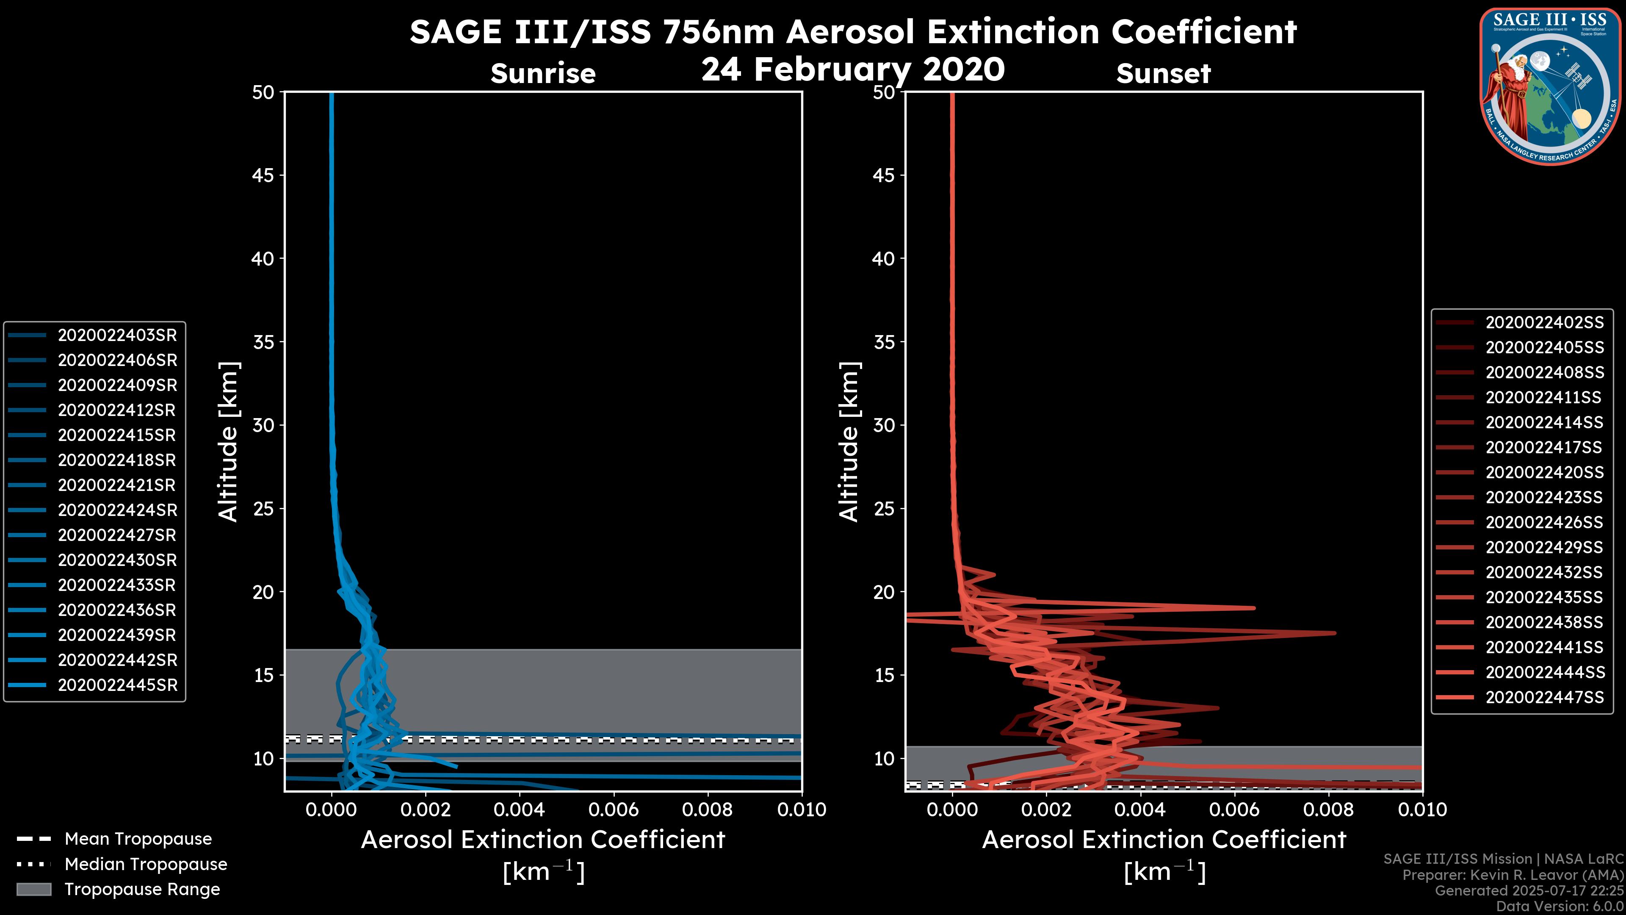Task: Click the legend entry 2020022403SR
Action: tap(117, 335)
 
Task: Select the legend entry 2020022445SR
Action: tap(117, 685)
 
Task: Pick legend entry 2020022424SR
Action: tap(117, 510)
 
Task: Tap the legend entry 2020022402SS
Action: tap(1544, 323)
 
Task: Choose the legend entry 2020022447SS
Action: tap(1544, 697)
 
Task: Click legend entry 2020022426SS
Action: tap(1544, 522)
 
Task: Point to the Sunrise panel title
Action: tap(543, 74)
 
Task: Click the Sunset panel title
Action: tap(1163, 74)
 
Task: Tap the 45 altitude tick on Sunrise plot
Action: tap(263, 175)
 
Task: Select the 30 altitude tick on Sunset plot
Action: tap(884, 425)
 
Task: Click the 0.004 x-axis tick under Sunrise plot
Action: tap(520, 810)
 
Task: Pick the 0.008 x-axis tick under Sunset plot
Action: tap(1329, 810)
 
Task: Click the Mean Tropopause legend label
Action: tap(138, 839)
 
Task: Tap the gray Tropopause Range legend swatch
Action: tap(33, 889)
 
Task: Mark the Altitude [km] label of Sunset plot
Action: tap(849, 442)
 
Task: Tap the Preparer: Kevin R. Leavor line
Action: tap(1513, 875)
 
